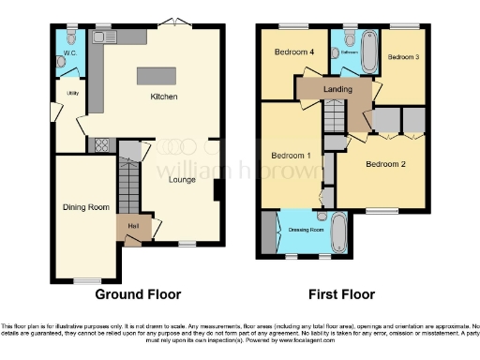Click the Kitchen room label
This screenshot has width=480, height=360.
(x=164, y=97)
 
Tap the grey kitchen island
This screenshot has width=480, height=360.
(x=157, y=76)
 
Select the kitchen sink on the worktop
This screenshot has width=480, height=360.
(x=100, y=37)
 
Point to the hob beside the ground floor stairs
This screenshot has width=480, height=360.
(x=97, y=145)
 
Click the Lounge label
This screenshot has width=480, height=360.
(x=182, y=179)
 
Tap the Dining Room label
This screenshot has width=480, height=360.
(x=85, y=207)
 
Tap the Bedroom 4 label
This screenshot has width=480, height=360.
(x=292, y=52)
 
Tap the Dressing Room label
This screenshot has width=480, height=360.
(x=306, y=229)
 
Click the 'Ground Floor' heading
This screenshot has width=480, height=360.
(x=139, y=293)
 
